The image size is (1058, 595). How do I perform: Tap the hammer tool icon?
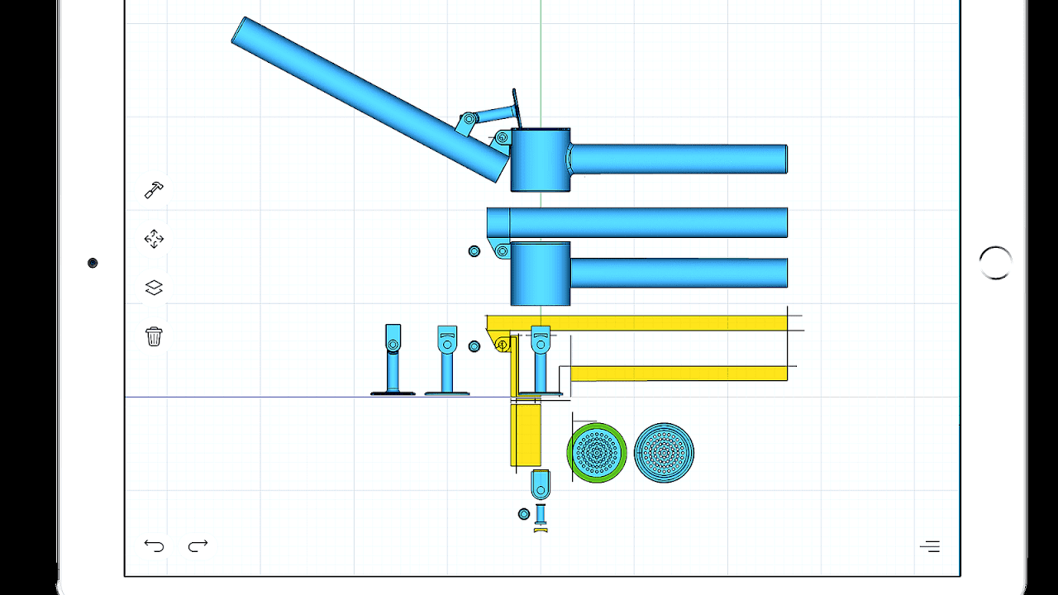click(x=154, y=190)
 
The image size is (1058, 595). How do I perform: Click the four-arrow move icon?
click(x=154, y=240)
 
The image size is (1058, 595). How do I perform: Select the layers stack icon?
click(x=154, y=288)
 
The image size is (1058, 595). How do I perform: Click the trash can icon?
click(x=154, y=336)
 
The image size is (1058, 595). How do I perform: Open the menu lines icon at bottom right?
click(x=930, y=546)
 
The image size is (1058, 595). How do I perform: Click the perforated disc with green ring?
click(x=597, y=453)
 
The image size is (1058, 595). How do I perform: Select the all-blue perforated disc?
click(x=664, y=453)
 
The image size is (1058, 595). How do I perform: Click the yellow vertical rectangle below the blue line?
click(x=526, y=436)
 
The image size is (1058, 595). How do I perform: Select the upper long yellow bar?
click(x=645, y=322)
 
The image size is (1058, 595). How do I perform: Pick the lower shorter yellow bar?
click(x=678, y=374)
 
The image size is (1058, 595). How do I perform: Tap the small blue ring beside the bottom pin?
click(x=523, y=514)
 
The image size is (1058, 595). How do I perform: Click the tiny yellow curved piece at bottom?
click(x=541, y=530)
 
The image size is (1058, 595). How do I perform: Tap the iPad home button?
click(x=995, y=263)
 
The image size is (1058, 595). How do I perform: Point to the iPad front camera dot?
click(x=93, y=263)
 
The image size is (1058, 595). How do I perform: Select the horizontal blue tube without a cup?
click(x=645, y=222)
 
